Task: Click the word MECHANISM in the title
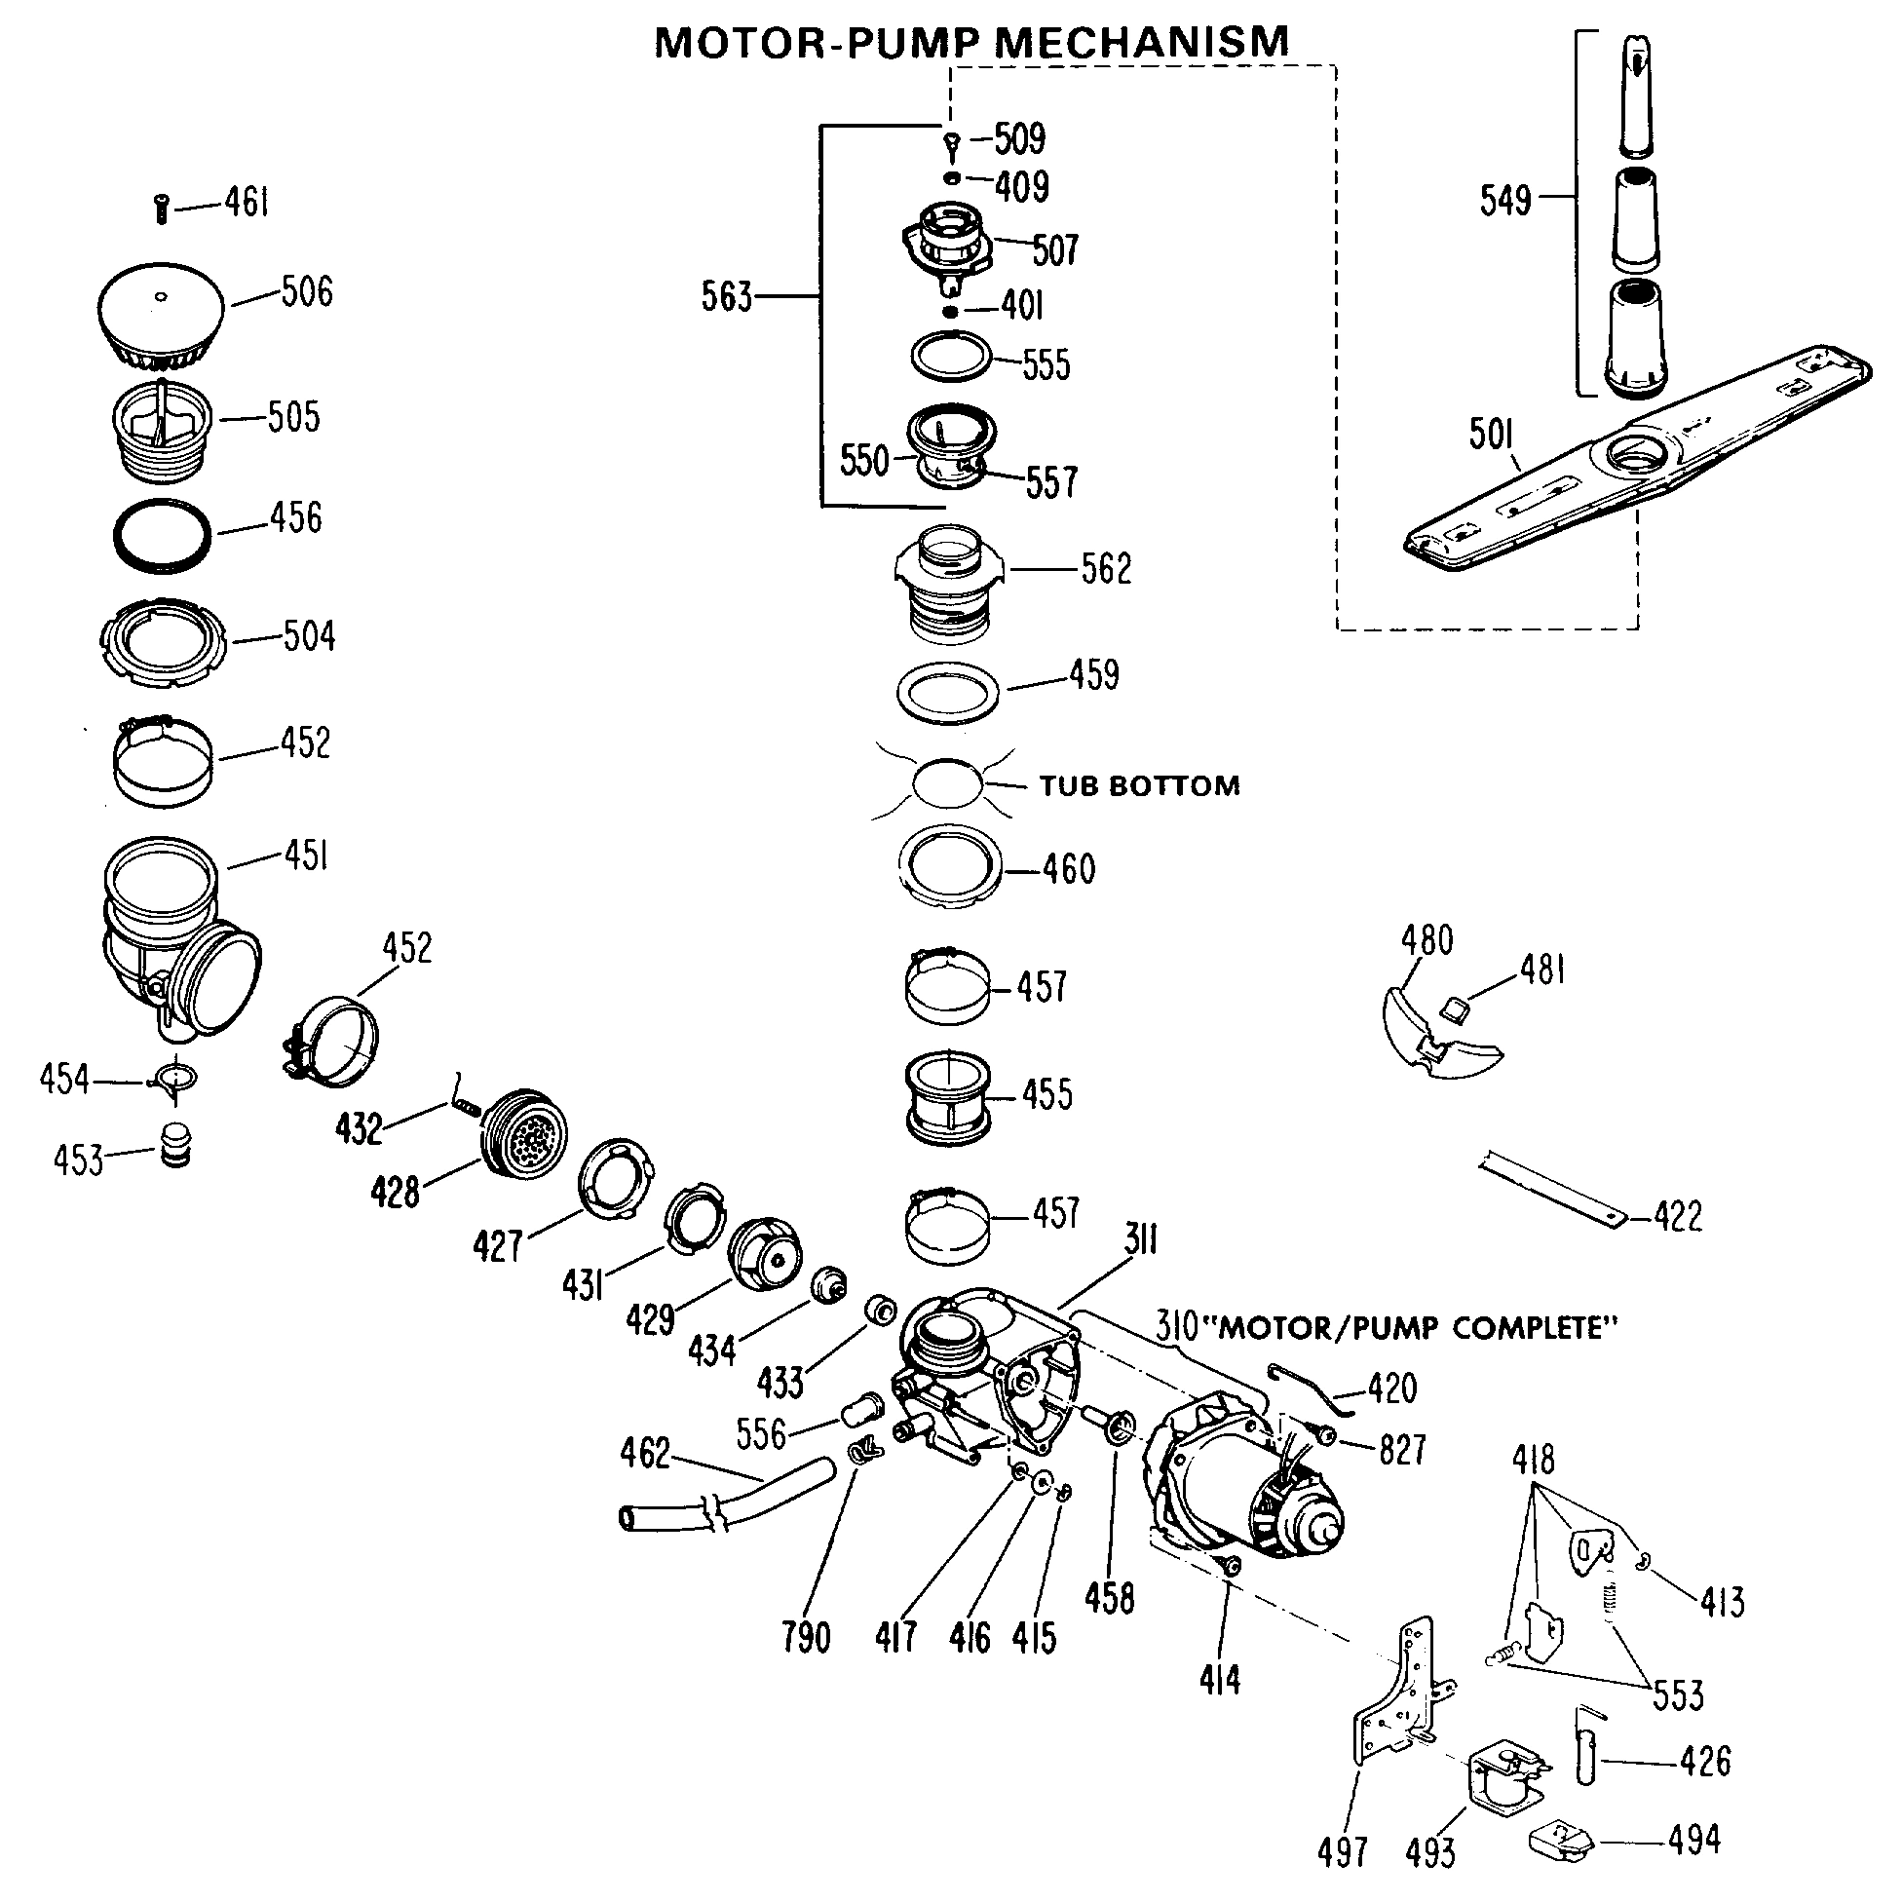point(1142,42)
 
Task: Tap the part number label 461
point(247,203)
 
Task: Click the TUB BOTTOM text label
point(1139,785)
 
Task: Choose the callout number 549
point(1505,200)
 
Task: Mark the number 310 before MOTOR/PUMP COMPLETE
point(1177,1326)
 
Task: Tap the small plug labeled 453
point(175,1144)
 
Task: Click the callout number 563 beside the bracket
point(726,295)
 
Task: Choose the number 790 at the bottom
point(805,1637)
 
